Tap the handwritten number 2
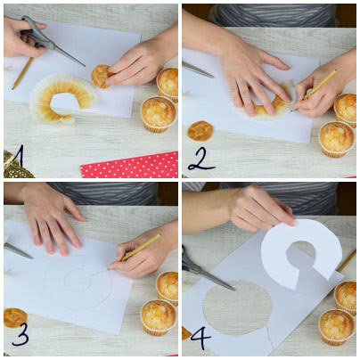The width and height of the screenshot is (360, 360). [x=199, y=158]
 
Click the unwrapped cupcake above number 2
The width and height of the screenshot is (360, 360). [x=200, y=131]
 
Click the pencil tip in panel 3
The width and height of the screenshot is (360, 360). [x=111, y=265]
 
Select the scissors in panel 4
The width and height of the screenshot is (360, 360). [x=205, y=271]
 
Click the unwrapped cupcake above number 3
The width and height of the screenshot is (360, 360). [x=14, y=316]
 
